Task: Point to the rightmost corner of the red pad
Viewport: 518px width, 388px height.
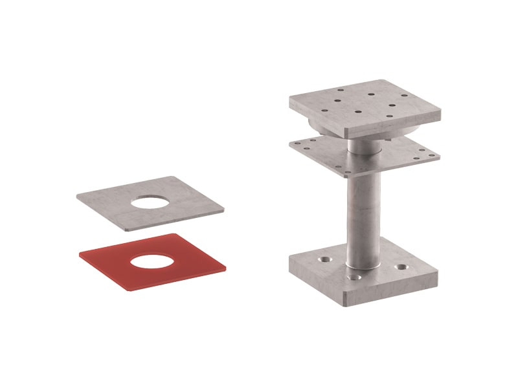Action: click(225, 264)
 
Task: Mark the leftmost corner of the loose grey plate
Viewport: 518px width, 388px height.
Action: click(78, 196)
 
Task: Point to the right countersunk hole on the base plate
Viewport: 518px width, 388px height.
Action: click(403, 266)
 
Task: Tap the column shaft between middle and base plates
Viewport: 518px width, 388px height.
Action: click(362, 213)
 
